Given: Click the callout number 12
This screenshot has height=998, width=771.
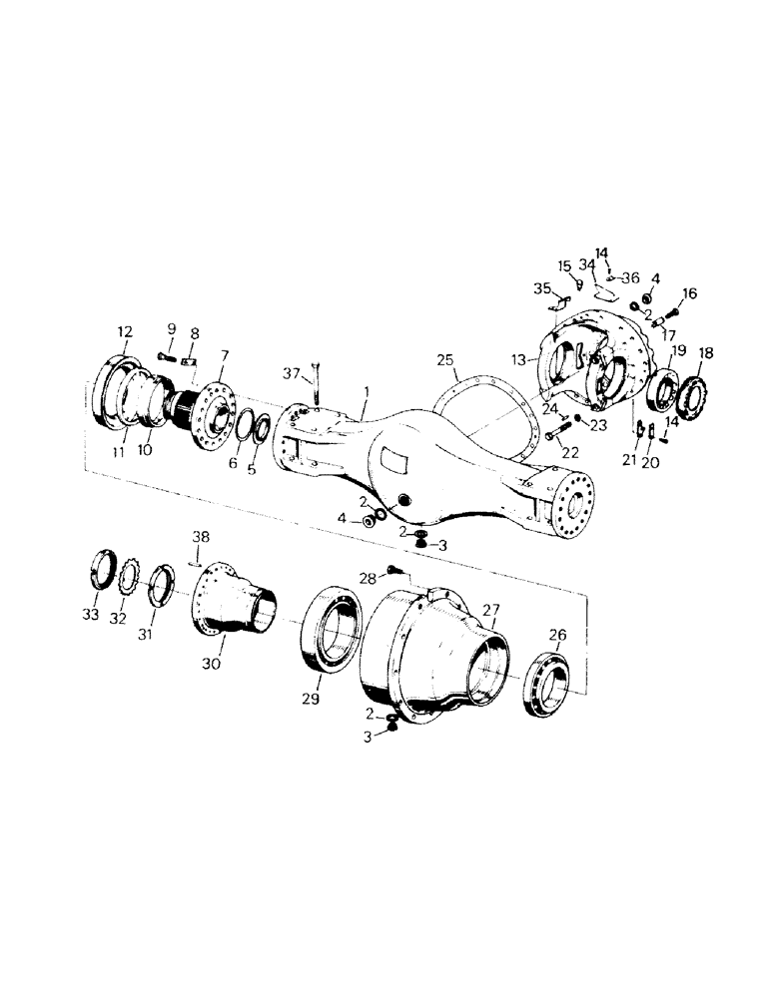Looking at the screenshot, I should click(x=124, y=331).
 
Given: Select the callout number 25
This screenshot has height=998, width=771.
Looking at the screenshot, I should click(x=445, y=356).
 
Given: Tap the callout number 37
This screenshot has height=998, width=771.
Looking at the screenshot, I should click(x=290, y=373).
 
